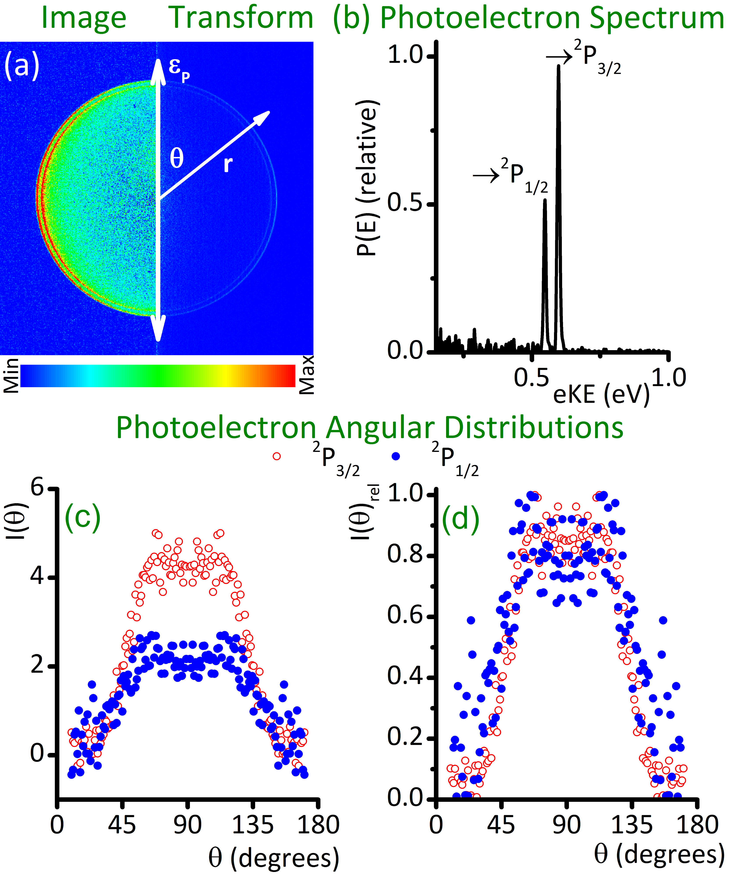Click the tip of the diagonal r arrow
click(x=269, y=112)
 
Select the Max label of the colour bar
click(x=307, y=375)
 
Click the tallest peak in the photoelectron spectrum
click(x=558, y=67)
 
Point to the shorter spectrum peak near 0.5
click(x=545, y=200)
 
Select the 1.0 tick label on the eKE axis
click(x=668, y=378)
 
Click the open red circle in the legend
click(x=277, y=456)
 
